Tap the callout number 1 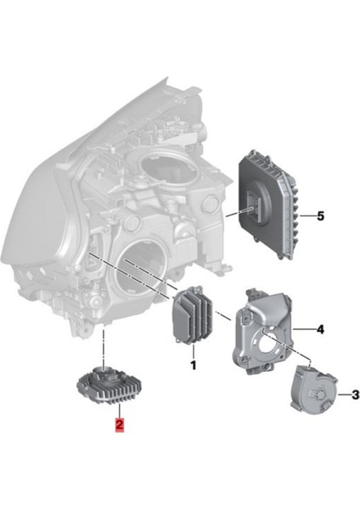coord(193,366)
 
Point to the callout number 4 coord(319,328)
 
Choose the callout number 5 coord(320,216)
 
